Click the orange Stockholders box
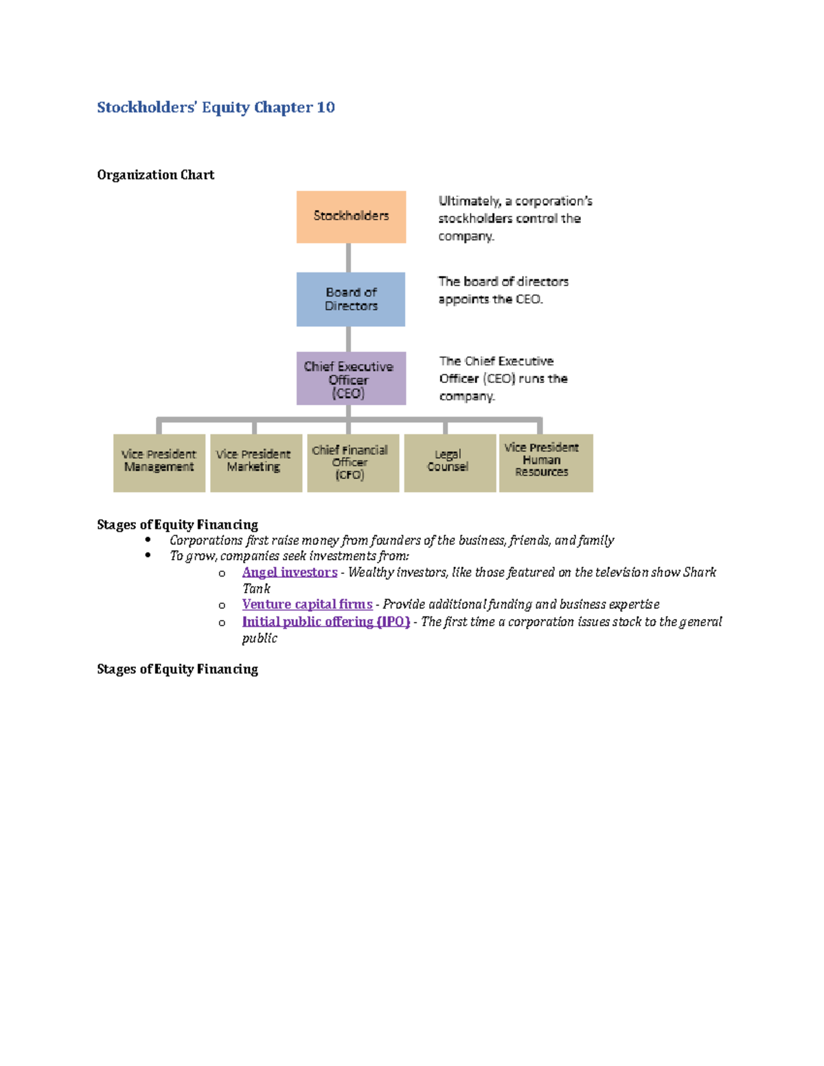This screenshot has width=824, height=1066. click(351, 217)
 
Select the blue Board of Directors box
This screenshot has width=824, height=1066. click(351, 299)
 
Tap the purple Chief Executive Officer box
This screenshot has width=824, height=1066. click(351, 379)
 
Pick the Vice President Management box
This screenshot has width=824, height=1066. click(159, 463)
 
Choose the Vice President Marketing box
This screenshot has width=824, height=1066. click(256, 463)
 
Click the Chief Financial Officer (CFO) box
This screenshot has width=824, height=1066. click(353, 463)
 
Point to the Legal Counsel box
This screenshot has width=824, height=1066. click(450, 463)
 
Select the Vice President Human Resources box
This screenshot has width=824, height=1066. click(546, 463)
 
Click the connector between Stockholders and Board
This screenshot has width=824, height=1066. click(349, 258)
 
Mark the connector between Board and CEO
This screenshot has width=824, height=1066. click(349, 339)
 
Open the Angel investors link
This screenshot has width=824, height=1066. click(289, 572)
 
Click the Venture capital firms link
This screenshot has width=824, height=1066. click(307, 605)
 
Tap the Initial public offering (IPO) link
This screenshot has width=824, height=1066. click(325, 622)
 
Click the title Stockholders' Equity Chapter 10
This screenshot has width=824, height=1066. click(216, 107)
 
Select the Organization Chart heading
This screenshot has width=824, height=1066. click(156, 175)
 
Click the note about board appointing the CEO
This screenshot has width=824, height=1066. click(503, 290)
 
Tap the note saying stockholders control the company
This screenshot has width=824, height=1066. click(514, 218)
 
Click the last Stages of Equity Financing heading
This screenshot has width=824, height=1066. click(177, 669)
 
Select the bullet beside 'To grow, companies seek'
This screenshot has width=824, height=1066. click(148, 555)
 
